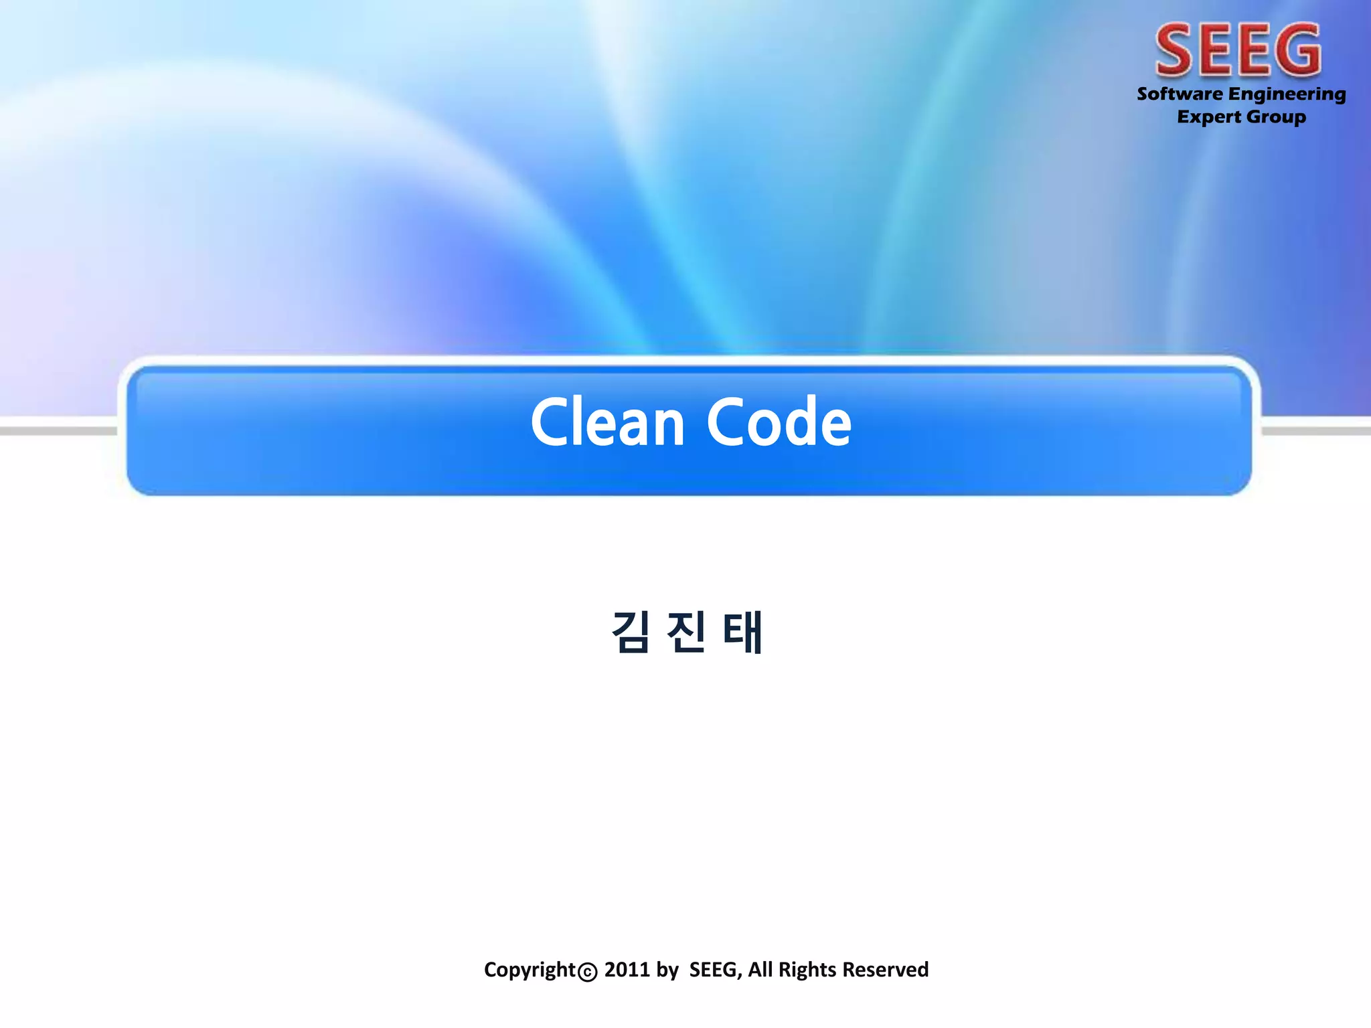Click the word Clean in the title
[607, 422]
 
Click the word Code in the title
[779, 422]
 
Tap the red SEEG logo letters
[1238, 50]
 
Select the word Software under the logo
[1180, 94]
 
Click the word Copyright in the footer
[530, 969]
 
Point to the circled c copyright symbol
[587, 972]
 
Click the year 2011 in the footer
[627, 969]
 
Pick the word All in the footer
[760, 969]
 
